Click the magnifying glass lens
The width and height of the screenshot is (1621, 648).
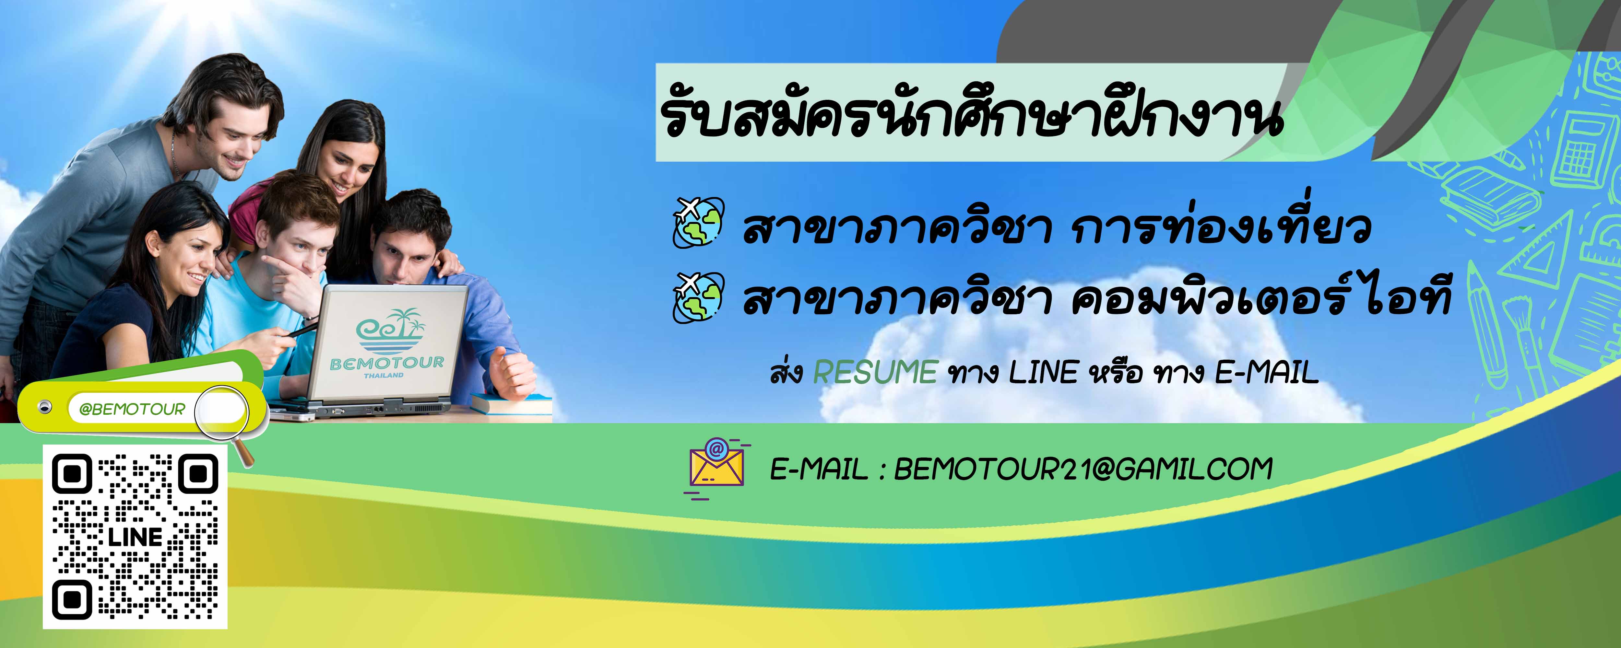click(x=221, y=412)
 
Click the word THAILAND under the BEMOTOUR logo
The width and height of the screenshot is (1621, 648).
click(x=384, y=376)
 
